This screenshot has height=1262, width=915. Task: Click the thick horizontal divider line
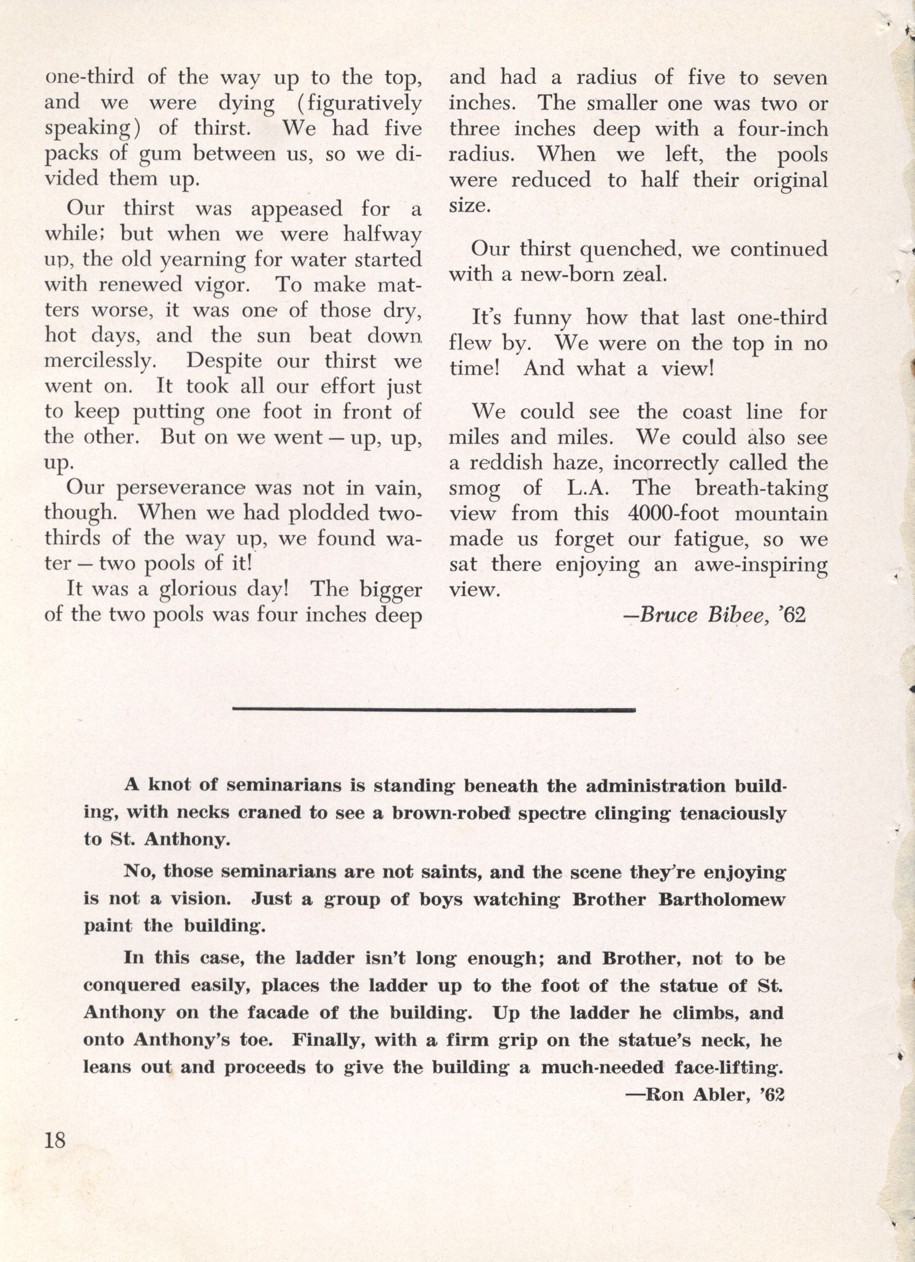[x=434, y=709]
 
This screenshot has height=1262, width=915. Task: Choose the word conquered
[x=131, y=986]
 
